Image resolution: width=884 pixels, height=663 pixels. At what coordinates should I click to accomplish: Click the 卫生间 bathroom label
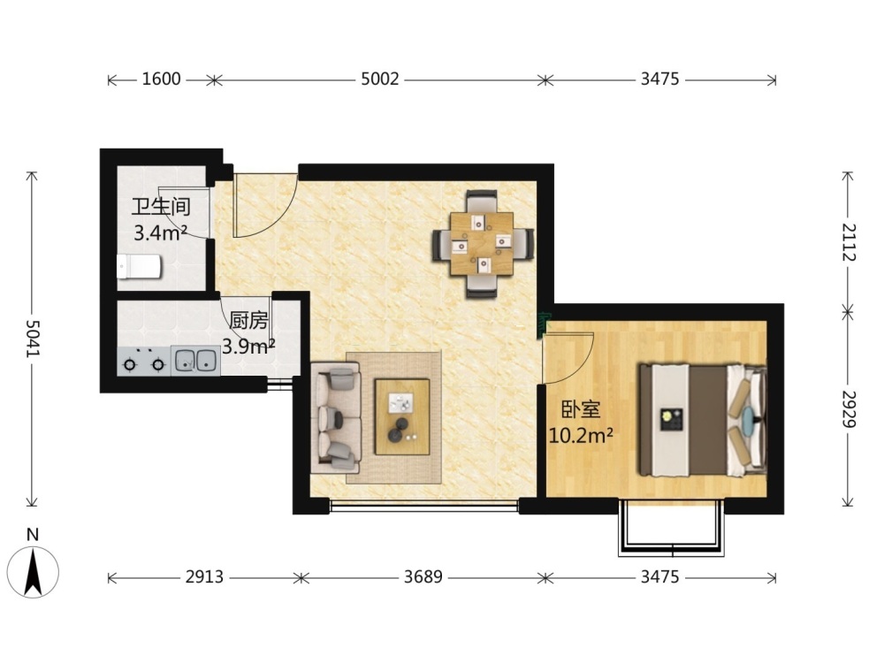click(161, 207)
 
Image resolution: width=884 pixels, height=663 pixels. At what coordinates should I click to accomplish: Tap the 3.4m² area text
click(161, 232)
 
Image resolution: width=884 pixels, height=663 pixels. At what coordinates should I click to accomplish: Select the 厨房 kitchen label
click(248, 321)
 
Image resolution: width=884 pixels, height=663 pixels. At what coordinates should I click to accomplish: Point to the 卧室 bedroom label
click(581, 409)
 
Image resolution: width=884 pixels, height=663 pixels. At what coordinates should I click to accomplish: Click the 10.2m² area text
click(581, 435)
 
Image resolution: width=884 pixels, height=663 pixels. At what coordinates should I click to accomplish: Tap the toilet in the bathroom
click(139, 266)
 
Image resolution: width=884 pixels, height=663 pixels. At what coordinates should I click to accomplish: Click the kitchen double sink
click(195, 361)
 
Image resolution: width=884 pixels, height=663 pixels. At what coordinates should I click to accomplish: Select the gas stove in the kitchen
click(144, 362)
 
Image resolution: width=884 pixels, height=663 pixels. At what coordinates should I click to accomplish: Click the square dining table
click(482, 244)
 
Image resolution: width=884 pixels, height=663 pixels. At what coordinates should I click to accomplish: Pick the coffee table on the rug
click(402, 416)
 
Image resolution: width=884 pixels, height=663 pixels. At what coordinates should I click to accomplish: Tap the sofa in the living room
click(335, 416)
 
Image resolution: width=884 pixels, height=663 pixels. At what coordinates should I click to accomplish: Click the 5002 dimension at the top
click(380, 79)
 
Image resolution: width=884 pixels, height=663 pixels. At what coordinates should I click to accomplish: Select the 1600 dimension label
click(161, 79)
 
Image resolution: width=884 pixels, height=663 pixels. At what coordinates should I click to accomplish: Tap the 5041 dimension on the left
click(33, 339)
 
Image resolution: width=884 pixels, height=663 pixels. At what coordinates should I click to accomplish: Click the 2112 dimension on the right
click(849, 242)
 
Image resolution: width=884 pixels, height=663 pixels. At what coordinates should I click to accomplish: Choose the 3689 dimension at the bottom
click(423, 576)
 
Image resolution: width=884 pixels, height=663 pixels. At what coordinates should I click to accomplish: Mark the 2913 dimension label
click(205, 576)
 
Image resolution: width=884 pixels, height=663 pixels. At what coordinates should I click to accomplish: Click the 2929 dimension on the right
click(849, 409)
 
